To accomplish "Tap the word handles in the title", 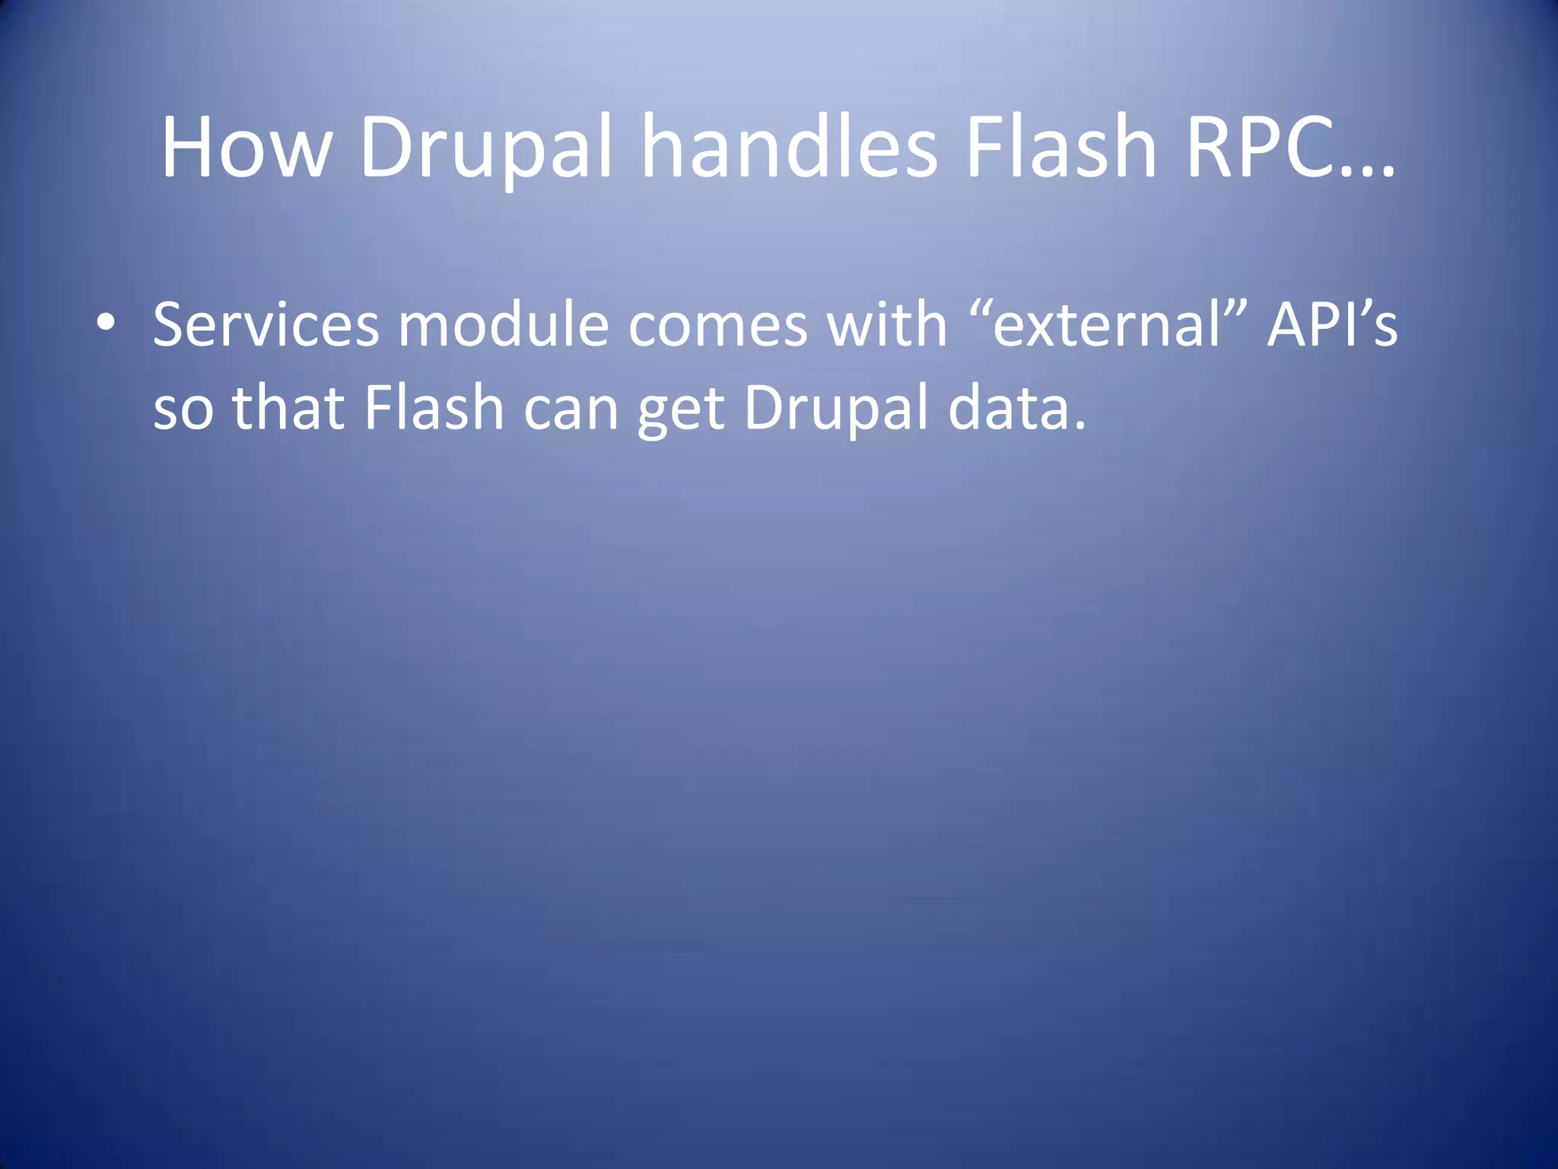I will [790, 146].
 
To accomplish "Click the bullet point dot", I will [106, 323].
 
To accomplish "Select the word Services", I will [265, 325].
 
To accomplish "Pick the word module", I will [504, 325].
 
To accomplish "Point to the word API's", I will [1332, 325].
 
